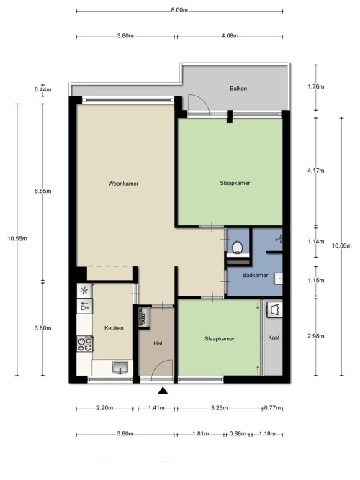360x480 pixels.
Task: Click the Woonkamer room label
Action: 123,184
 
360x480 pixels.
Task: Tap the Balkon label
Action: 238,89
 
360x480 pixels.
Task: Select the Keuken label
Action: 114,328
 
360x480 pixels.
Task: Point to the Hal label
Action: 158,343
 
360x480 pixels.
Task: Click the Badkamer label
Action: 255,275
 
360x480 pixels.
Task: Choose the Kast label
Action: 274,338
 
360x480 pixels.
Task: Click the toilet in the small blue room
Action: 238,248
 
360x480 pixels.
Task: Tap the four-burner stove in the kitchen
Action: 85,344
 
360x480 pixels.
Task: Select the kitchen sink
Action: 120,367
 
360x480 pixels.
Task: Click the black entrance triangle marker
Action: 163,390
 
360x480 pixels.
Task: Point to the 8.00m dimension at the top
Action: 179,10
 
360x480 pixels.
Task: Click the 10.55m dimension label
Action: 17,239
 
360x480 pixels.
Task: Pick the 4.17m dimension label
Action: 316,171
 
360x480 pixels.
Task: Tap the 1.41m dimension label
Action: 156,408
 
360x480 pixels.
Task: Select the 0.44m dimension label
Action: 43,90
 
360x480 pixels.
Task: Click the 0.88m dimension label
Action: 238,434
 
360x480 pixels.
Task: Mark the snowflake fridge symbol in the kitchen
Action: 84,291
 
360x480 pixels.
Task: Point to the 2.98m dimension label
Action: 316,336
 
